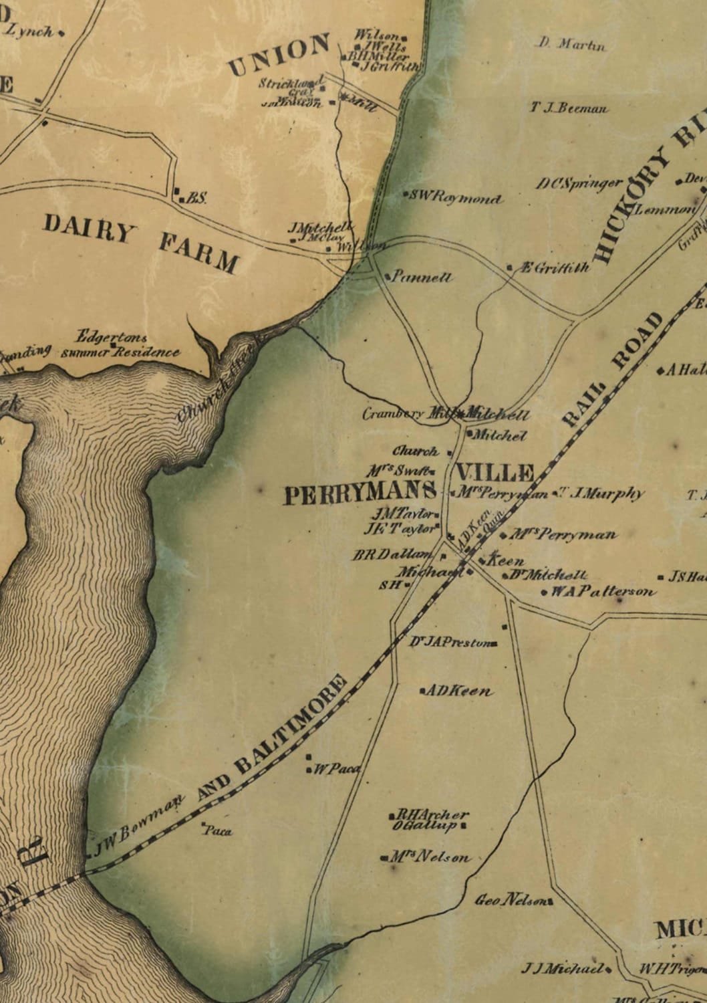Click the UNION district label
(279, 56)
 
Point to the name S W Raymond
(456, 198)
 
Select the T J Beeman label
(570, 108)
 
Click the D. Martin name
(571, 45)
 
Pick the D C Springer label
(580, 183)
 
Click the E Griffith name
(554, 268)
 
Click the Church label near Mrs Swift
(415, 451)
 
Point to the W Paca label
(337, 770)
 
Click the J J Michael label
(564, 968)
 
